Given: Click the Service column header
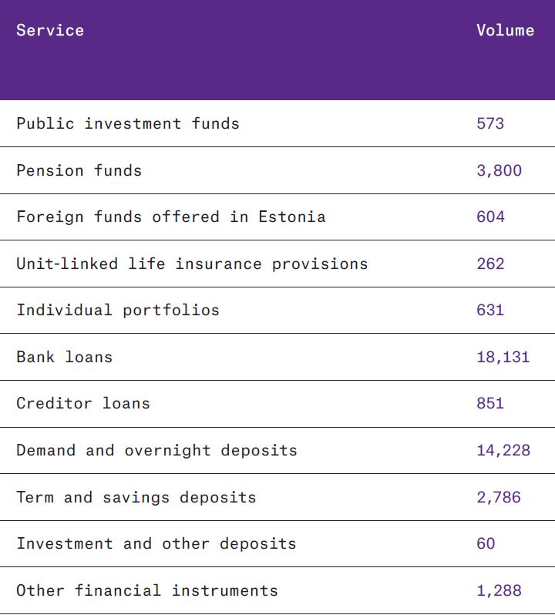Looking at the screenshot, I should (x=50, y=31).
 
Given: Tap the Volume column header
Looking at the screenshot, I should (x=505, y=31).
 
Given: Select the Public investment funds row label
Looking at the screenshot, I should (x=128, y=124).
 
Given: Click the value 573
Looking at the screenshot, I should (x=490, y=124).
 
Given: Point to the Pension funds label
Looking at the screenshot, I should (x=79, y=170).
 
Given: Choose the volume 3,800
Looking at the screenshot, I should (x=499, y=170).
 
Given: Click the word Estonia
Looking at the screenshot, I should (x=297, y=217).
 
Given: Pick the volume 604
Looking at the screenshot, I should (x=490, y=217).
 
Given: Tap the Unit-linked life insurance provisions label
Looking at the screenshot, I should (x=192, y=264).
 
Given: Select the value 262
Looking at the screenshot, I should (x=490, y=264).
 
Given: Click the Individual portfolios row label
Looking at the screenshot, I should (x=118, y=311).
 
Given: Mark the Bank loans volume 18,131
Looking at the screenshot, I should (x=503, y=358).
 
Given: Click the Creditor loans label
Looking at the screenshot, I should (x=83, y=404).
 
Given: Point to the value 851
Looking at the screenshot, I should (x=490, y=404).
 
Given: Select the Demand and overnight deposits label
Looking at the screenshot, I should (x=156, y=451).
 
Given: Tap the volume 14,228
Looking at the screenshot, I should (x=503, y=451).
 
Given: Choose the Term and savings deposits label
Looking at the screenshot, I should (x=136, y=498).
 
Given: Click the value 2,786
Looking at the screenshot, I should (x=499, y=498).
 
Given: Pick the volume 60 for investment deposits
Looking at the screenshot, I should (x=486, y=544).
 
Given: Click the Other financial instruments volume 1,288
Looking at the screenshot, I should (x=499, y=591).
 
